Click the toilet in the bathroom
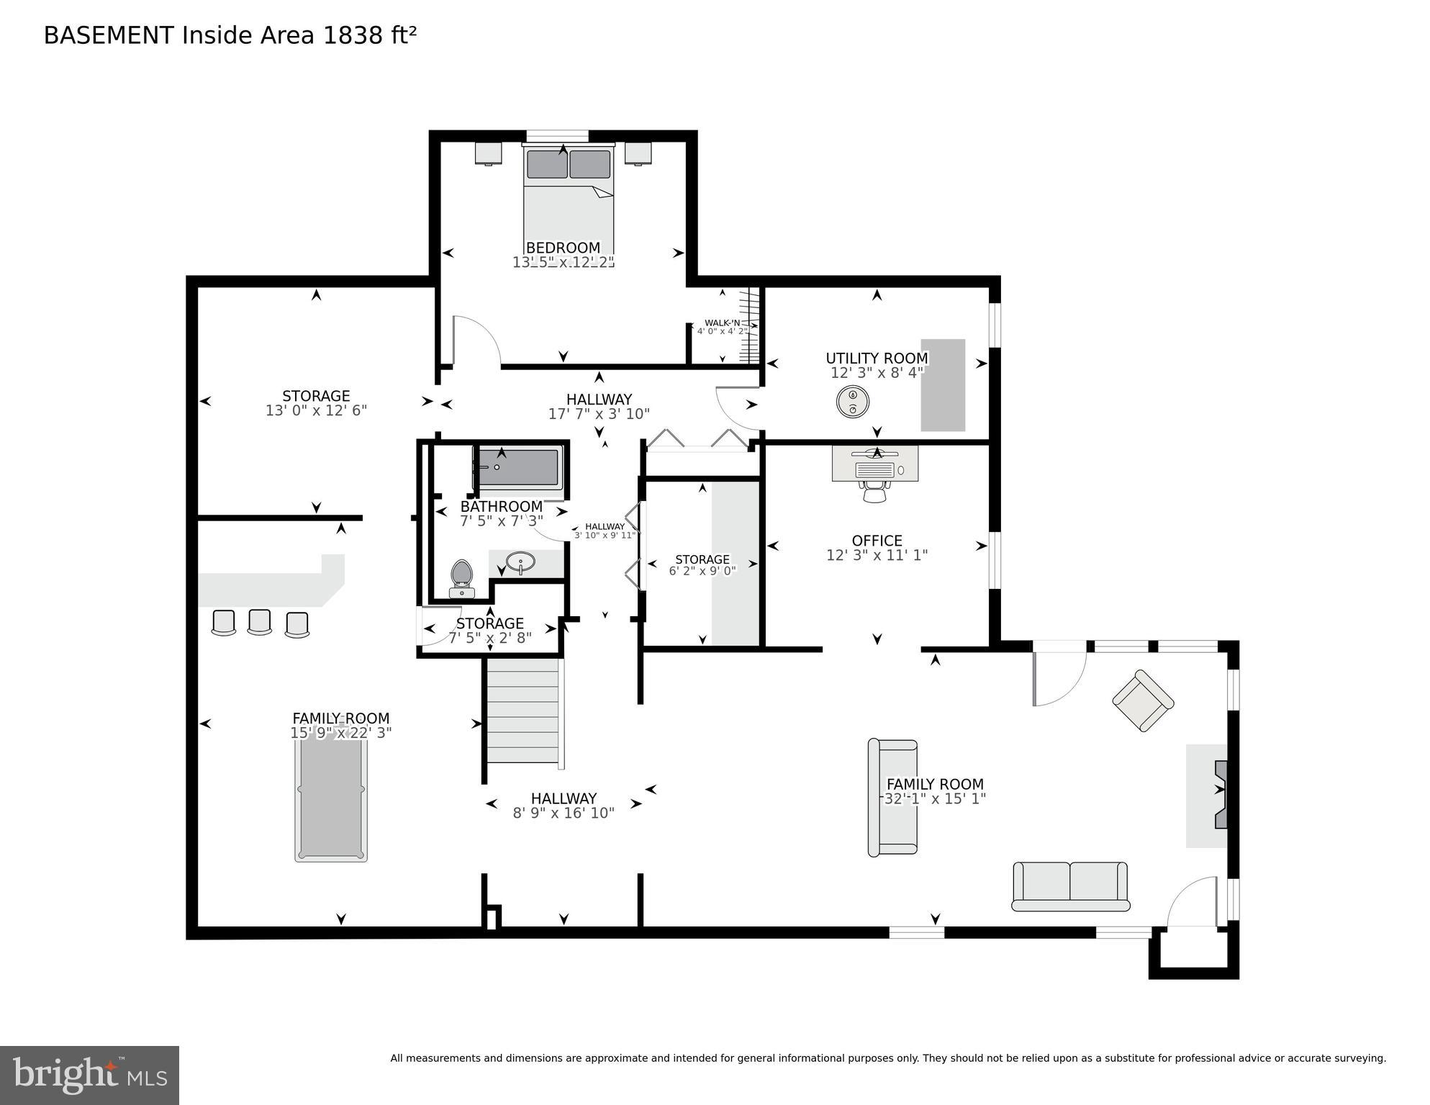[x=461, y=578]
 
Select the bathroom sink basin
[x=520, y=561]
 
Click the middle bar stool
[x=259, y=622]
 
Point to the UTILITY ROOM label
[x=877, y=358]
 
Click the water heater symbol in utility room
[x=853, y=401]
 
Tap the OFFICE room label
[x=877, y=541]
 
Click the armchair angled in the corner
[x=1143, y=700]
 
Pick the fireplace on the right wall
[x=1219, y=795]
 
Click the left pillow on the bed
[x=547, y=164]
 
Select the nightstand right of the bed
[x=638, y=153]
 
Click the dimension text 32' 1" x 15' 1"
[x=934, y=798]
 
